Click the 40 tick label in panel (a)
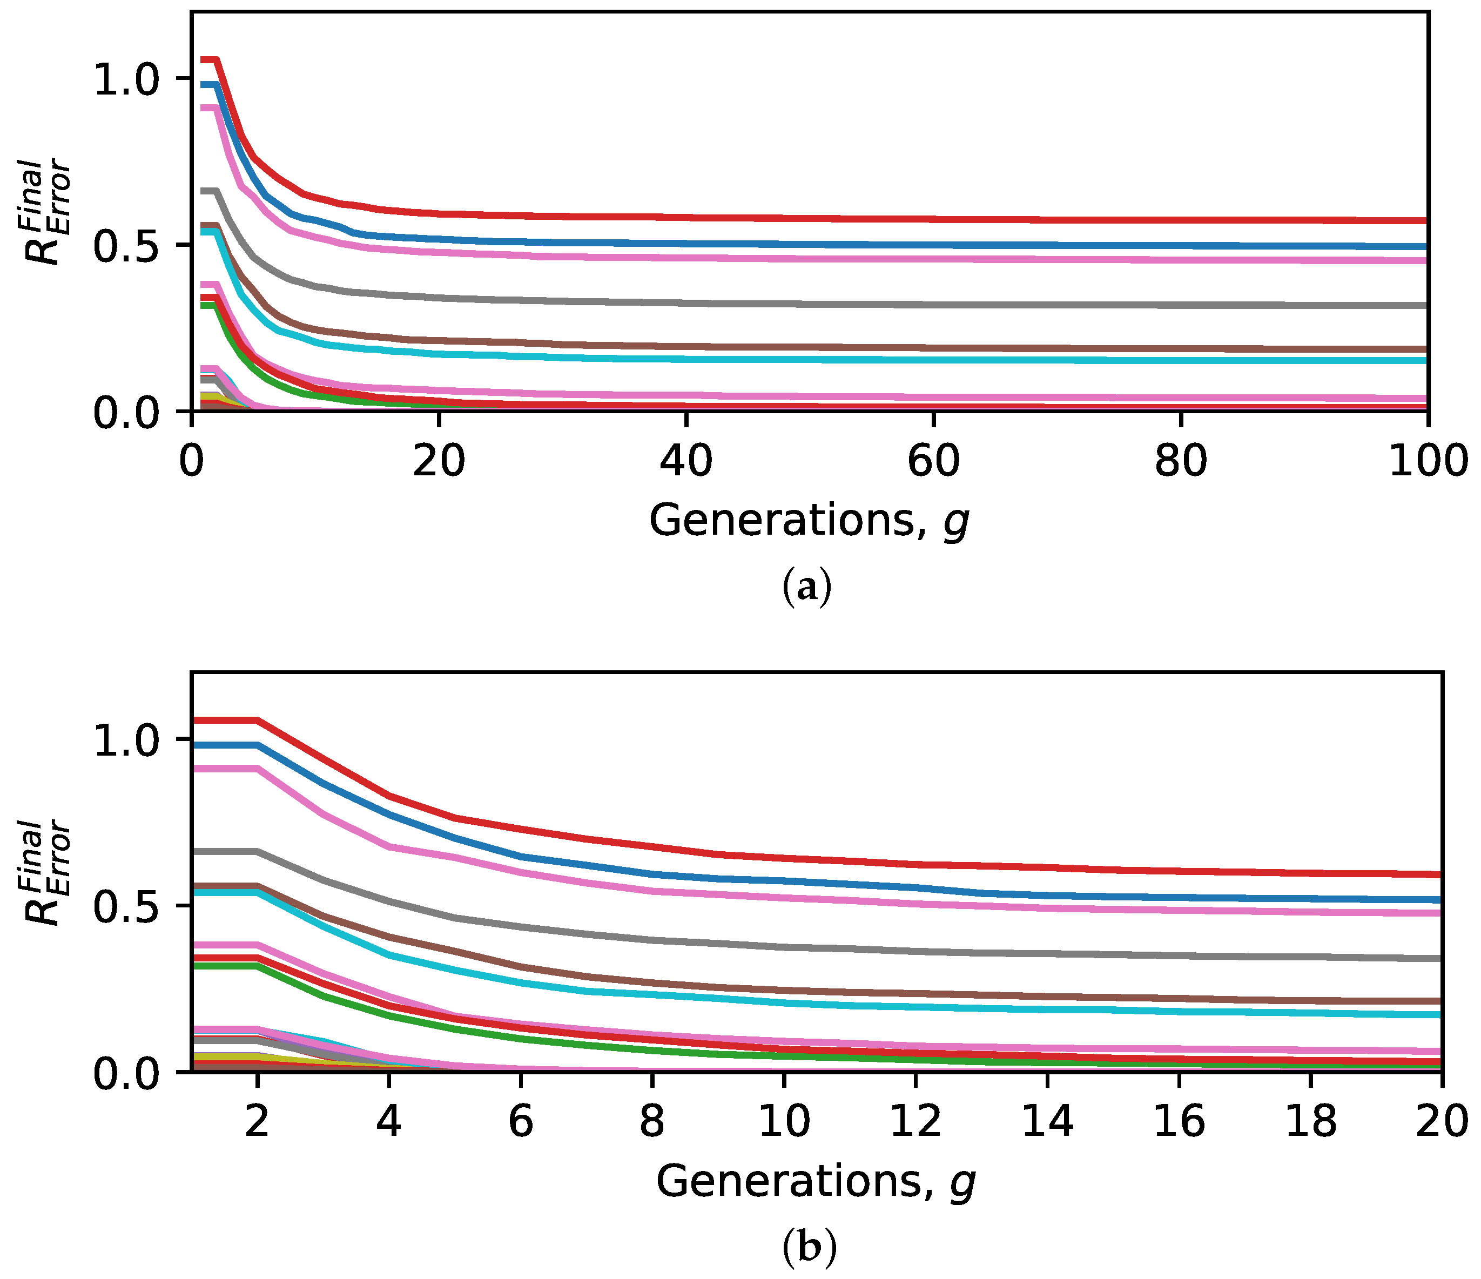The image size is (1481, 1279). click(685, 461)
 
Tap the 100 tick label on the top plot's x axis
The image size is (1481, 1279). click(1426, 461)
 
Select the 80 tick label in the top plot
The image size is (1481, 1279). click(1181, 461)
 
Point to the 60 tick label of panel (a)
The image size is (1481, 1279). click(933, 461)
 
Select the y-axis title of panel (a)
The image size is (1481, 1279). click(49, 212)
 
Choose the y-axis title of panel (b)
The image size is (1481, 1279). click(49, 873)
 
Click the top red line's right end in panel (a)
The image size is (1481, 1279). click(1424, 221)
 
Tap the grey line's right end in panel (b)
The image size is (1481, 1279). click(1439, 958)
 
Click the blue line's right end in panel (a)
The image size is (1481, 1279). click(1424, 247)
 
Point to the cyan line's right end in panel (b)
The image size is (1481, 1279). click(1439, 1014)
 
